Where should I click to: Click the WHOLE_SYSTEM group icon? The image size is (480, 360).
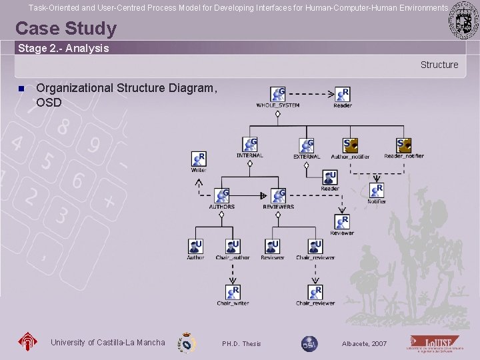278,94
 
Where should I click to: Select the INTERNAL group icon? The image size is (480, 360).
250,145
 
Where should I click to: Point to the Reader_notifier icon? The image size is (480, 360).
404,145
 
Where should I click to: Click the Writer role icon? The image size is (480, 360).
199,159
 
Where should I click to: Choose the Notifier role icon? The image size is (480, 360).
377,191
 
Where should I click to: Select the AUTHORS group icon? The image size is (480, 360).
221,196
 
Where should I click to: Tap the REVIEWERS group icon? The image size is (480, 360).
278,196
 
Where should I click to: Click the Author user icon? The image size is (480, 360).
195,247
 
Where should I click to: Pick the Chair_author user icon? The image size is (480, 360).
232,247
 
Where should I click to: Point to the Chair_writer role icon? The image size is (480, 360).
233,292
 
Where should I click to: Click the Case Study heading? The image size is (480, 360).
65,29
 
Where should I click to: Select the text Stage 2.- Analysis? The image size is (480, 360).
63,48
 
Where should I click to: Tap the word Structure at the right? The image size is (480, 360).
439,65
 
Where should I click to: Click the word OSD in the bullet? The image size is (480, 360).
49,103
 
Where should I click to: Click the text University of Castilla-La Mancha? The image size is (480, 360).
107,343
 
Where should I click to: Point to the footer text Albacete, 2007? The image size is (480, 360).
363,343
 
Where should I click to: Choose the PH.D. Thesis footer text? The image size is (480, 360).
241,343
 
